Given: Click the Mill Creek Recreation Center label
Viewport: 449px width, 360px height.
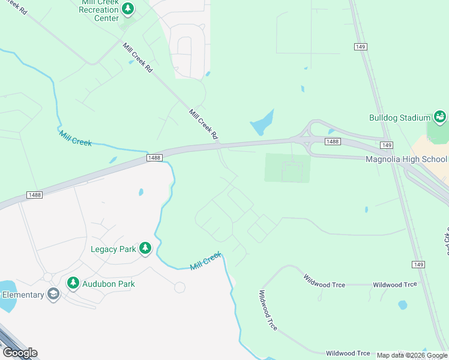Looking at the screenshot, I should pyautogui.click(x=99, y=10).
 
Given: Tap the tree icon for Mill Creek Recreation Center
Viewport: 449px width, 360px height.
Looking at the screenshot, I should pyautogui.click(x=127, y=9).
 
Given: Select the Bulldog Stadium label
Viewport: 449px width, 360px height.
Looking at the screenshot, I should pyautogui.click(x=400, y=118).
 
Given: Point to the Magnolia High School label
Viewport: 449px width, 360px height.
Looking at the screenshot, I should pyautogui.click(x=406, y=159).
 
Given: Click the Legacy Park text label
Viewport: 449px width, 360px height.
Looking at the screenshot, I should pyautogui.click(x=113, y=249).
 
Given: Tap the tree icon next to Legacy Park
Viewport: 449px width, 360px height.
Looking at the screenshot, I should pyautogui.click(x=145, y=248).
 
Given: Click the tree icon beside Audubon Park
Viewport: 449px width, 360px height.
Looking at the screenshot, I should pyautogui.click(x=73, y=283).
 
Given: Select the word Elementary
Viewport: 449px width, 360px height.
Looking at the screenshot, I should pyautogui.click(x=23, y=295).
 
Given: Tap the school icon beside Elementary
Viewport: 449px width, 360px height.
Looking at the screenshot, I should pyautogui.click(x=53, y=295).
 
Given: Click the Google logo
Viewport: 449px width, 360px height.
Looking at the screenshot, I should pyautogui.click(x=20, y=353).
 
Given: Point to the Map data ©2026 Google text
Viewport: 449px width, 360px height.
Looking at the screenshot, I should pyautogui.click(x=412, y=355).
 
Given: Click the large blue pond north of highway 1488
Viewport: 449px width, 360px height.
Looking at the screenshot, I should pyautogui.click(x=263, y=124).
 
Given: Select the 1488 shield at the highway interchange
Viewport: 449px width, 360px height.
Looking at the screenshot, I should pyautogui.click(x=332, y=141).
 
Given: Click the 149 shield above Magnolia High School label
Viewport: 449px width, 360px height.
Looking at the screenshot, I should pyautogui.click(x=387, y=145).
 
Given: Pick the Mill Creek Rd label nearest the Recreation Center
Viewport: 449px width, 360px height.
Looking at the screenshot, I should pyautogui.click(x=137, y=58).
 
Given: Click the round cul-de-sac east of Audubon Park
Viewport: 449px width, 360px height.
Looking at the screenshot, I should pyautogui.click(x=179, y=287).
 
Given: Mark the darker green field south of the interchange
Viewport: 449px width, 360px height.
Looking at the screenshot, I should pyautogui.click(x=288, y=167).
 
